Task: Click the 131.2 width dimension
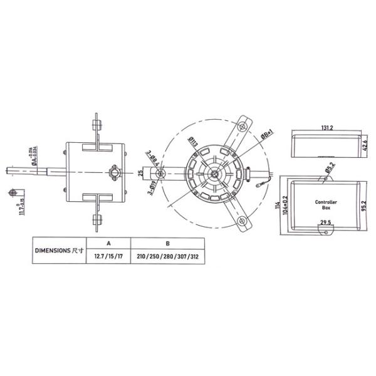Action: (x=326, y=127)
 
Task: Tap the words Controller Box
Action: (x=325, y=204)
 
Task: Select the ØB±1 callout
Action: (x=264, y=137)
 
